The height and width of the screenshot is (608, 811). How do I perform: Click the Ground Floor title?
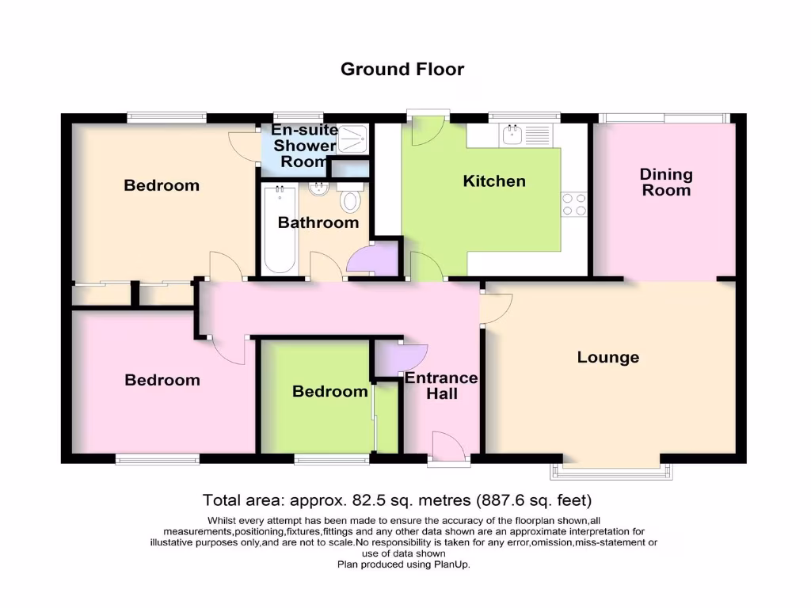click(402, 69)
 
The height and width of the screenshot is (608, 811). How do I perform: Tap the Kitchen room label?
click(494, 181)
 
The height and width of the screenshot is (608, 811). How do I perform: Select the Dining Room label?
click(666, 182)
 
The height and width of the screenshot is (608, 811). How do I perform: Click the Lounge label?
click(608, 357)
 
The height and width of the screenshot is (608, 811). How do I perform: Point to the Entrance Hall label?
click(441, 385)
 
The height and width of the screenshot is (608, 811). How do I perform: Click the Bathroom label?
click(318, 223)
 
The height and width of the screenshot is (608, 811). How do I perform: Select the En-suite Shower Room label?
click(304, 146)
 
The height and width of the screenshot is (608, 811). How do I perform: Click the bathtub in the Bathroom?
click(279, 229)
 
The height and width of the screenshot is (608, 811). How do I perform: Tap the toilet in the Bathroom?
click(348, 201)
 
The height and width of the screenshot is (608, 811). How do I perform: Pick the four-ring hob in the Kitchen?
click(573, 204)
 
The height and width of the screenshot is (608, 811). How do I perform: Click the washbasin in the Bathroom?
click(320, 189)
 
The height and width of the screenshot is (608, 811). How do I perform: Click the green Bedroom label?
click(330, 391)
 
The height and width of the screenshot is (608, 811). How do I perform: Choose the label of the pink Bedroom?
click(162, 380)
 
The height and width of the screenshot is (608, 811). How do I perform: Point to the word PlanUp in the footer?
click(455, 564)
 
